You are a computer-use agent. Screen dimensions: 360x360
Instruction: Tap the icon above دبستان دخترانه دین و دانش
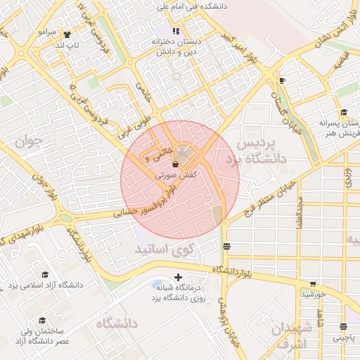coord(176,31)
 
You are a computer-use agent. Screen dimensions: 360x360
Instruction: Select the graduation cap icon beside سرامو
coord(67,34)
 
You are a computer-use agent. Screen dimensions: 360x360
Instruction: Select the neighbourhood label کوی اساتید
coord(169,249)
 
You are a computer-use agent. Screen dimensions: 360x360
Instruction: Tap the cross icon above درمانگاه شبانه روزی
coord(178,277)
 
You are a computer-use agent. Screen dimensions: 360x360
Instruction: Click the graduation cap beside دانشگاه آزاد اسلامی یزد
coord(45,275)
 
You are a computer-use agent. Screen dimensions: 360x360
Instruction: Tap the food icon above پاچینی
coord(343,327)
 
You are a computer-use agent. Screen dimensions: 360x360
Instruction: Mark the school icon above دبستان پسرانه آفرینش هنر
coord(343,112)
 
